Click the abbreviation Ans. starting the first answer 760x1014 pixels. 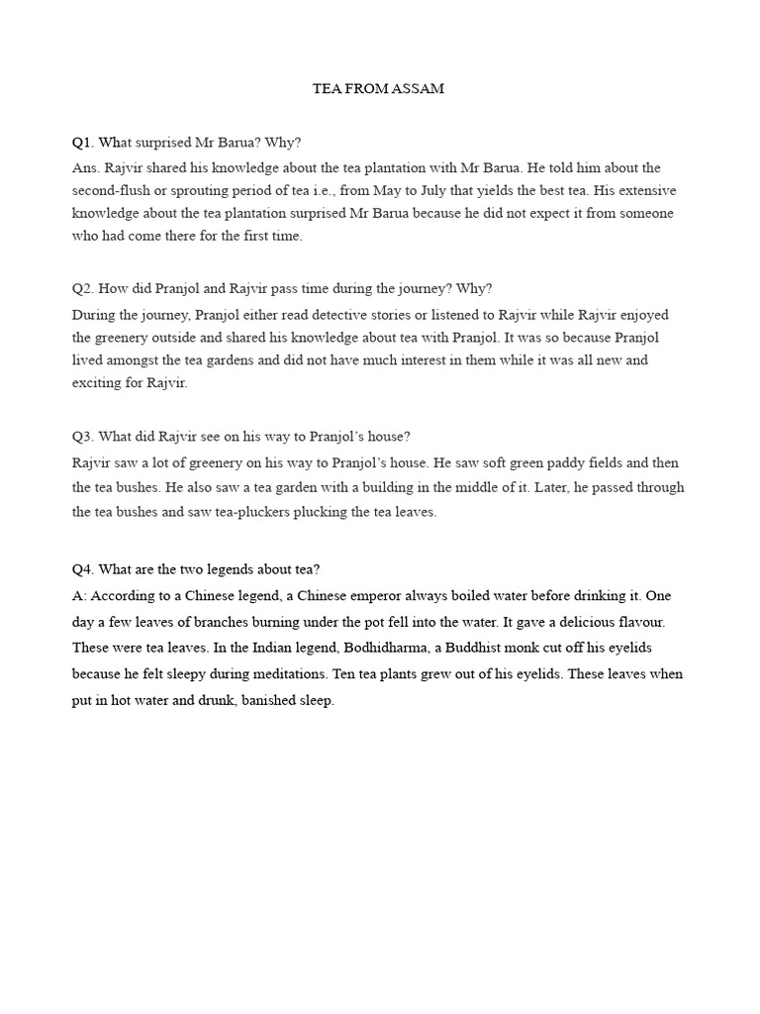(85, 167)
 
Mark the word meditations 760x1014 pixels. (265, 674)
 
